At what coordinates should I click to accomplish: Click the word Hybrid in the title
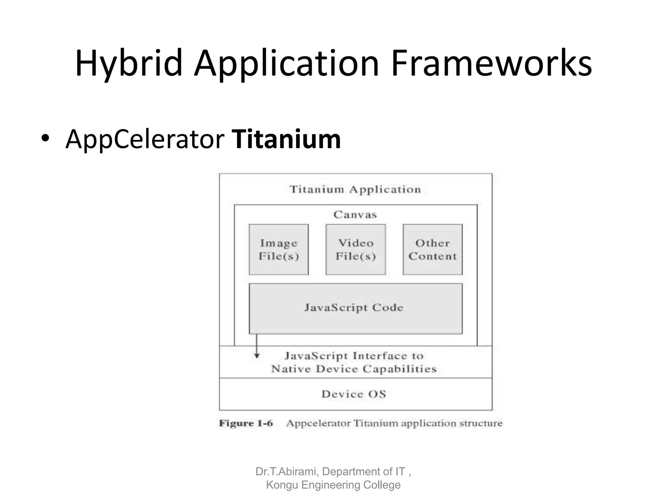tap(128, 63)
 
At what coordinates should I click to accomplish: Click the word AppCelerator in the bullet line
tap(145, 140)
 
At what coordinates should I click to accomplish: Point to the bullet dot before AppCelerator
tap(45, 139)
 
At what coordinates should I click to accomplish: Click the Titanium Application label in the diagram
tap(355, 189)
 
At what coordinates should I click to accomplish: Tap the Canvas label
tap(355, 214)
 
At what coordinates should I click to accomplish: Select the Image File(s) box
tap(279, 250)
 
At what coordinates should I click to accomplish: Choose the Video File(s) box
tap(356, 250)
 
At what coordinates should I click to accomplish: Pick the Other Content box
tap(433, 250)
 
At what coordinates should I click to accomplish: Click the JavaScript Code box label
tap(354, 308)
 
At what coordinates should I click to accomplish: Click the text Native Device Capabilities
tap(354, 369)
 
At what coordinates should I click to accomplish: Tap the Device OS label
tap(354, 394)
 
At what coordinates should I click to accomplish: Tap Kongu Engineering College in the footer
tap(333, 485)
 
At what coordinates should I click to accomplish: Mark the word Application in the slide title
tap(287, 63)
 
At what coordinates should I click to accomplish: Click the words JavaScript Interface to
tap(354, 356)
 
